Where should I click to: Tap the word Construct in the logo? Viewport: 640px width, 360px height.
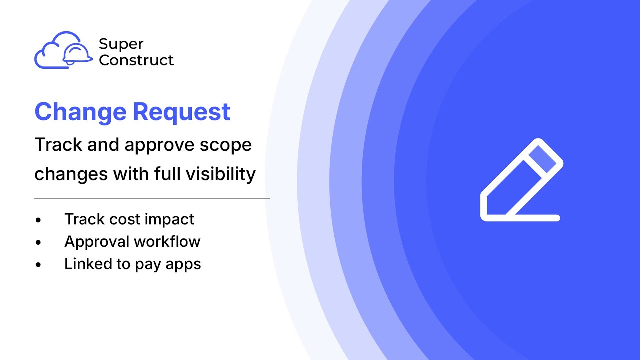pyautogui.click(x=136, y=60)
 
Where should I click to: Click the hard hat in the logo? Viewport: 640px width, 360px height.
pyautogui.click(x=78, y=54)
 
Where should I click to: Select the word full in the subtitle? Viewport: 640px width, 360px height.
pyautogui.click(x=166, y=174)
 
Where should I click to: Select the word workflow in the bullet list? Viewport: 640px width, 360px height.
pyautogui.click(x=167, y=242)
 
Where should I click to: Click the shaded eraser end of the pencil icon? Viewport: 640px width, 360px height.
pyautogui.click(x=542, y=159)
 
